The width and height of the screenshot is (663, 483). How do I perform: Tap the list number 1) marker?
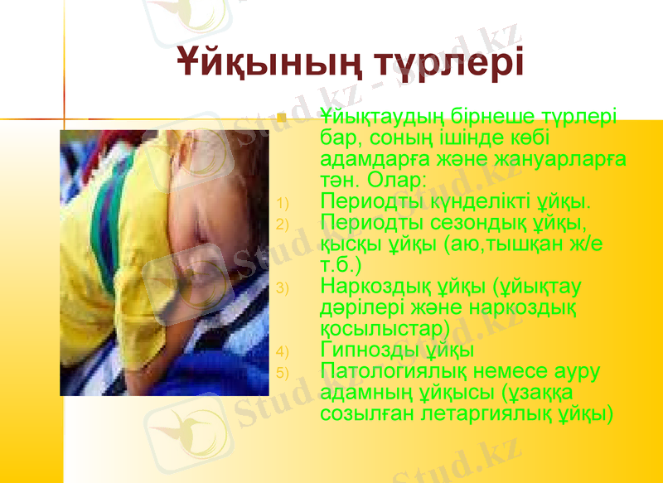click(x=282, y=203)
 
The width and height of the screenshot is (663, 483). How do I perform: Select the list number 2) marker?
click(x=282, y=225)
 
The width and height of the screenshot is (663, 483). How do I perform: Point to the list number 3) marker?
click(x=282, y=288)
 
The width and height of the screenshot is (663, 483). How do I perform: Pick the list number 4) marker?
click(x=282, y=351)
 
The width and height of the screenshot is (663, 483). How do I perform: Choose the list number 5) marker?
click(x=282, y=373)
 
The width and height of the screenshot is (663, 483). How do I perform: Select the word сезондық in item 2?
click(x=480, y=223)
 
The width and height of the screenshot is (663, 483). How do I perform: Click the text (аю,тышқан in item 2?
click(x=505, y=244)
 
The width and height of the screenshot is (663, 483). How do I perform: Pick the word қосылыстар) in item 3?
click(x=385, y=329)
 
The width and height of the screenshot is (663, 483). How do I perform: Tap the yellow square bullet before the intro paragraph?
click(x=282, y=118)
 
